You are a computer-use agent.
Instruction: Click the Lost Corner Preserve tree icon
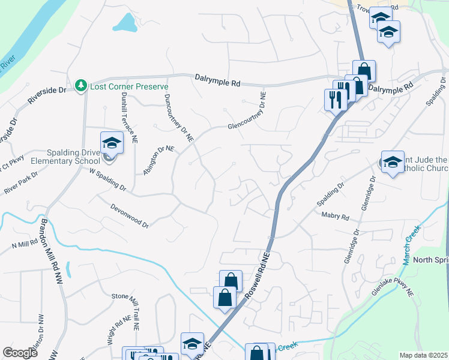click(82, 86)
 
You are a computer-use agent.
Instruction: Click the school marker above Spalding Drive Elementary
click(111, 143)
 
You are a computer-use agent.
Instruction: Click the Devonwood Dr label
click(130, 216)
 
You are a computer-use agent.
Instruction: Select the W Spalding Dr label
click(108, 179)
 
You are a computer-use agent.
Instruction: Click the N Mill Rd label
click(25, 245)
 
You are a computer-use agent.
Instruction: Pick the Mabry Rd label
click(335, 215)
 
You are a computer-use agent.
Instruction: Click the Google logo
click(20, 353)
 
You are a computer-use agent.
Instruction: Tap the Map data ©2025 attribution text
click(423, 355)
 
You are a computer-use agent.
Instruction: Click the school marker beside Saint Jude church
click(393, 162)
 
